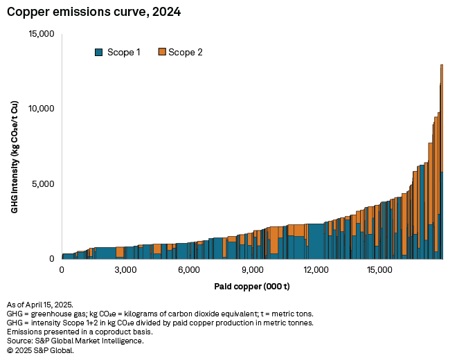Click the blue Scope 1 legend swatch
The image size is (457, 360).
[98, 52]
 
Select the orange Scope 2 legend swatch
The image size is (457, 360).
[163, 52]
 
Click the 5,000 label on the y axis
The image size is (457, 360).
[42, 184]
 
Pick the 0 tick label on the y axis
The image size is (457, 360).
[52, 259]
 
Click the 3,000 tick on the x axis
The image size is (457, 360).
[125, 270]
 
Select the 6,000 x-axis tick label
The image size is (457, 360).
[188, 270]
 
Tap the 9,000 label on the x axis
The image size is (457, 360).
[252, 270]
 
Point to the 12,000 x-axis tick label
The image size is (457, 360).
[316, 270]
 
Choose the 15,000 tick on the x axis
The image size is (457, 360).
[379, 270]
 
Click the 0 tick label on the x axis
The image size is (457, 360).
[62, 270]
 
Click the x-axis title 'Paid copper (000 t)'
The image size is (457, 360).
[251, 286]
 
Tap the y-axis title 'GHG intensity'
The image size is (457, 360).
[15, 156]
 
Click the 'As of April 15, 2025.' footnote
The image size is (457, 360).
[44, 305]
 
